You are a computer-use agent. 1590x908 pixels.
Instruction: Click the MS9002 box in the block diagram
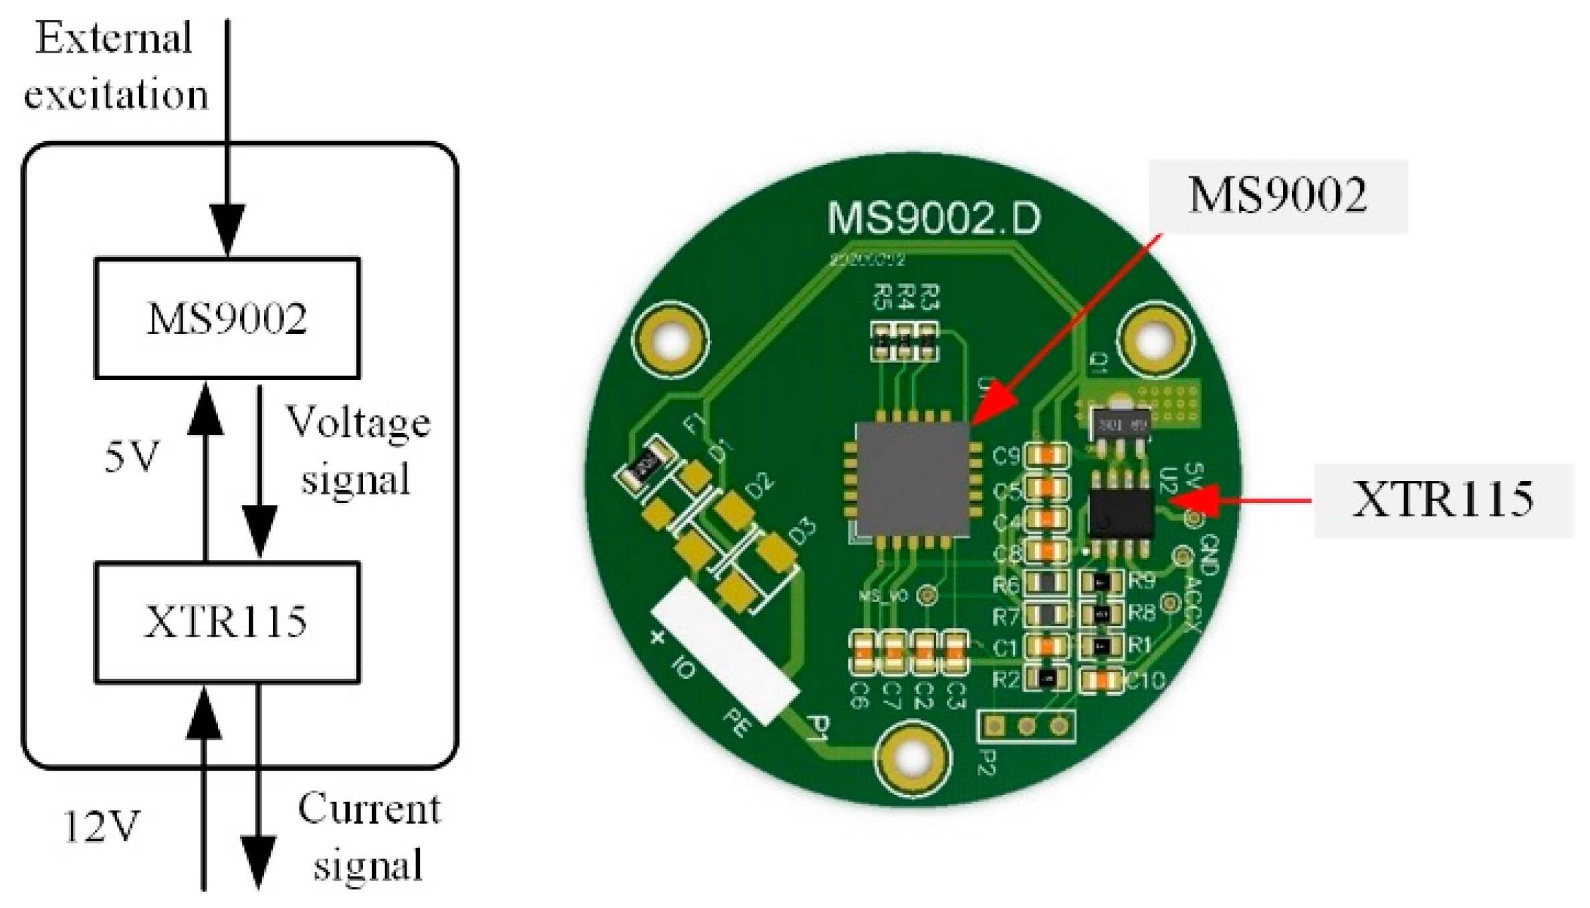227,318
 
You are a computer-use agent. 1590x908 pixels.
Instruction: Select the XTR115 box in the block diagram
227,622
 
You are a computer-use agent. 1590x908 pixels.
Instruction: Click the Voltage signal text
358,450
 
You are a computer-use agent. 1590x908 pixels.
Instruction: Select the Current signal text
368,836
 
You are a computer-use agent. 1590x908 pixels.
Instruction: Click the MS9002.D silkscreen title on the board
933,218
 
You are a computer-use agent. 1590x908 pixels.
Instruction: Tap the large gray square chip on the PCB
913,478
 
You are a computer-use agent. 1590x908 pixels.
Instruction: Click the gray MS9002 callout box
1278,196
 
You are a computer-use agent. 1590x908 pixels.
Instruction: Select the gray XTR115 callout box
1443,500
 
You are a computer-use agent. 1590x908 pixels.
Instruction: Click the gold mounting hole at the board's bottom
913,758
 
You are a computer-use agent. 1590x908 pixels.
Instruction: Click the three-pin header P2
1026,726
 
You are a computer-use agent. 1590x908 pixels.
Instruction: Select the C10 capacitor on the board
1101,680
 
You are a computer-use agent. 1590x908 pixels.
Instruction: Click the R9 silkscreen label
1142,581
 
